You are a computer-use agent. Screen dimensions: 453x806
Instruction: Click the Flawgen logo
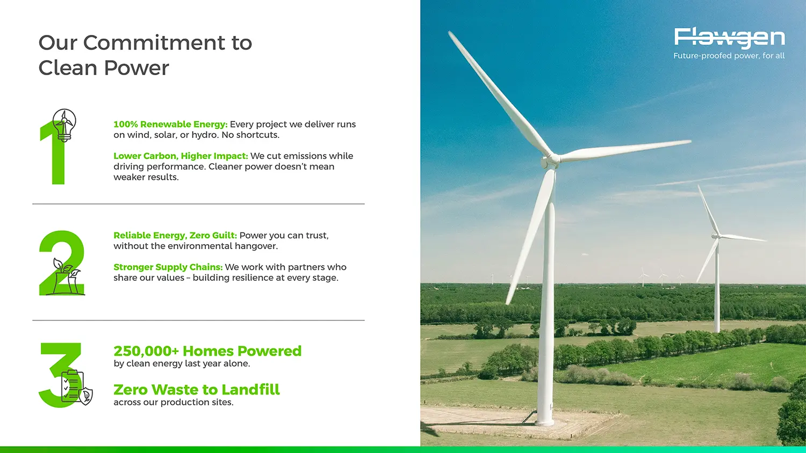coord(729,37)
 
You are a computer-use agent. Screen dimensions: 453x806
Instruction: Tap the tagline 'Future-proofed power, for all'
coord(729,56)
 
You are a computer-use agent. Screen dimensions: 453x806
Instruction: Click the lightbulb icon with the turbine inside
coord(64,124)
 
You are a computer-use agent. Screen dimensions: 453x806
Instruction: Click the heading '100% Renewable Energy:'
coord(170,125)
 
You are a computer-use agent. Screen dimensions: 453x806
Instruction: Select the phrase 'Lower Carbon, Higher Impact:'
coord(181,156)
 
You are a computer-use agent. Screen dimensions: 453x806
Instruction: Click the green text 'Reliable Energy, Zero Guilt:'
coord(175,236)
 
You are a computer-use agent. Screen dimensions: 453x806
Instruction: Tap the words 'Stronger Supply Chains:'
coord(168,267)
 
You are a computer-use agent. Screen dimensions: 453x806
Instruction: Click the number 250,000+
coord(146,351)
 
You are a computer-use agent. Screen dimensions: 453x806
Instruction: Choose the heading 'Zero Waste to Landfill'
coord(196,390)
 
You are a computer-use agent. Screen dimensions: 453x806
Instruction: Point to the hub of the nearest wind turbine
coord(551,159)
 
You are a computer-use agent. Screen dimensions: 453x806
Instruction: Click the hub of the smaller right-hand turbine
coord(716,236)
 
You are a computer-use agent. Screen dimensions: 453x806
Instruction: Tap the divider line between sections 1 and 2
coord(198,204)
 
